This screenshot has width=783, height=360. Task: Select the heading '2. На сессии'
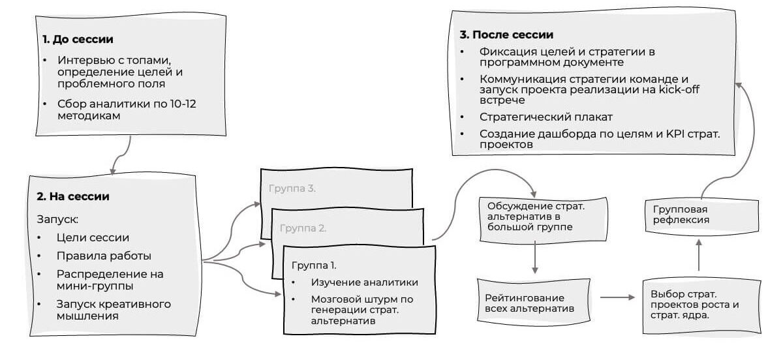coord(72,196)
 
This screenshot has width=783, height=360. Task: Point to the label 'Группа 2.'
coord(303,228)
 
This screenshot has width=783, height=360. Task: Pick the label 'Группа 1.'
coord(314,265)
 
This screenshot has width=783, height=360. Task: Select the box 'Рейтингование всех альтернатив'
coord(534,302)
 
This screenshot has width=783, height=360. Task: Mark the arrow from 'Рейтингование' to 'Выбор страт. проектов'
coord(617,298)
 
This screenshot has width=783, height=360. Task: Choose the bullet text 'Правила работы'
coord(95,256)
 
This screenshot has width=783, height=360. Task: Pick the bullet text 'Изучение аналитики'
coord(364,282)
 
